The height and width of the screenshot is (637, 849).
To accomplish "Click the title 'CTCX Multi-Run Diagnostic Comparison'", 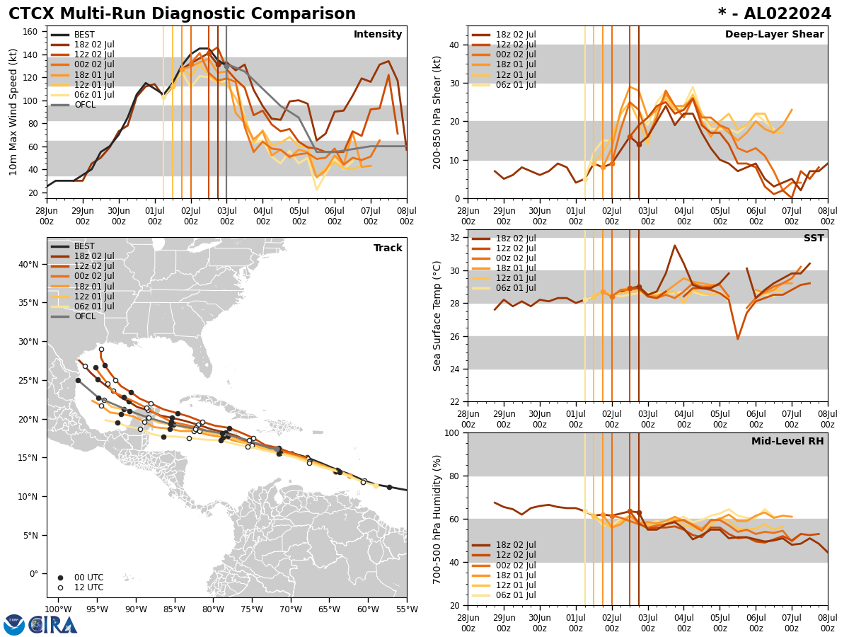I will pyautogui.click(x=182, y=14).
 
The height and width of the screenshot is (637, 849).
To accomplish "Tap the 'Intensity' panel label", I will pyautogui.click(x=377, y=35).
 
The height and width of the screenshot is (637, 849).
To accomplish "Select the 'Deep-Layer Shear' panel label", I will pyautogui.click(x=774, y=35).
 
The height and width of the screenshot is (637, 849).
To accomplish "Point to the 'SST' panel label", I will pyautogui.click(x=813, y=239).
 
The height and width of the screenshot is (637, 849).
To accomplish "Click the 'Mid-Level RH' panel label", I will pyautogui.click(x=787, y=442).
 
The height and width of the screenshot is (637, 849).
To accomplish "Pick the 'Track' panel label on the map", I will pyautogui.click(x=388, y=248).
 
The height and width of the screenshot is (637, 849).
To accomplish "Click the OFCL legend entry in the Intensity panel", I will pyautogui.click(x=84, y=105).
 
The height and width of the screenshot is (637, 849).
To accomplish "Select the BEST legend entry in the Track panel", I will pyautogui.click(x=84, y=246).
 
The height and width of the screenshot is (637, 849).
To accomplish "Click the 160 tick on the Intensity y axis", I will pyautogui.click(x=30, y=32).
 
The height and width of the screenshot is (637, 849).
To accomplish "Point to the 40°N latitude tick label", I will pyautogui.click(x=28, y=265).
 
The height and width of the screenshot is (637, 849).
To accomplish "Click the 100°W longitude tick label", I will pyautogui.click(x=59, y=609).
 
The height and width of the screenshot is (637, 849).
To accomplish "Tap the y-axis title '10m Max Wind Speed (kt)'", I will pyautogui.click(x=13, y=112).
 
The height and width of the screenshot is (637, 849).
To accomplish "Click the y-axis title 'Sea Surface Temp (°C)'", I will pyautogui.click(x=437, y=316).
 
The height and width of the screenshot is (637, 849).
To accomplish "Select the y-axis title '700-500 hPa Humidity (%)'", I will pyautogui.click(x=437, y=519).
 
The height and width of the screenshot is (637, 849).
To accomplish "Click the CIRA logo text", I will pyautogui.click(x=53, y=624).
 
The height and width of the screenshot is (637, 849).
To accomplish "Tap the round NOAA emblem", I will pyautogui.click(x=14, y=624).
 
